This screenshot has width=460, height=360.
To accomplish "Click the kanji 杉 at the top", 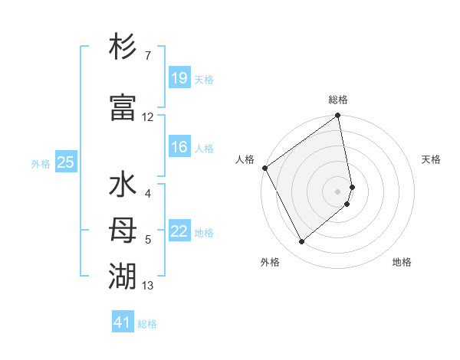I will pos(123,48).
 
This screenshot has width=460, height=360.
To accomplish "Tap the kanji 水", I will pos(123,185).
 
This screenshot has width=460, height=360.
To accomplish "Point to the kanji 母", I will pos(123,230).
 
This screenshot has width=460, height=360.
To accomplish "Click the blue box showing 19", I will pos(179,78).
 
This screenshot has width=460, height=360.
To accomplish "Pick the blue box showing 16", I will pos(179,147).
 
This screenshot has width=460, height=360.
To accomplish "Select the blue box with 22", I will pos(179,231).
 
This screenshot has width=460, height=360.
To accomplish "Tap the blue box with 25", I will pos(65,162).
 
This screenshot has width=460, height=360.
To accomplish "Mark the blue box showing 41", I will pos(123,322).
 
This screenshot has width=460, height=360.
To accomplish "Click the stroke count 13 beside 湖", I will pos(147,286).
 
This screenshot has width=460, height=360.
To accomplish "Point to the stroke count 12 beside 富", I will pos(147,117).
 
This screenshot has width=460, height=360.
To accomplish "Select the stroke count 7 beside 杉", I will pos(147,56).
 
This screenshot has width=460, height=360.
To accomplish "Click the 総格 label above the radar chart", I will pos(338,100).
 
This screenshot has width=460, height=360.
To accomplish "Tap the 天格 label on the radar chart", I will pos(431,159).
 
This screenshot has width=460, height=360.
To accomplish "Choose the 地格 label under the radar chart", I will pos(402,262).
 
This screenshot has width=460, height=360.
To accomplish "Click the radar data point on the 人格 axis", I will pos(264,168).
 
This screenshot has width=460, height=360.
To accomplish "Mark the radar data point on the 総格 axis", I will pos(338,116).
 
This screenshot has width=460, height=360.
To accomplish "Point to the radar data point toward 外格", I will pos(301,242).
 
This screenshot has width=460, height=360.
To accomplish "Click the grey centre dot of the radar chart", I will pos(338,191).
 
